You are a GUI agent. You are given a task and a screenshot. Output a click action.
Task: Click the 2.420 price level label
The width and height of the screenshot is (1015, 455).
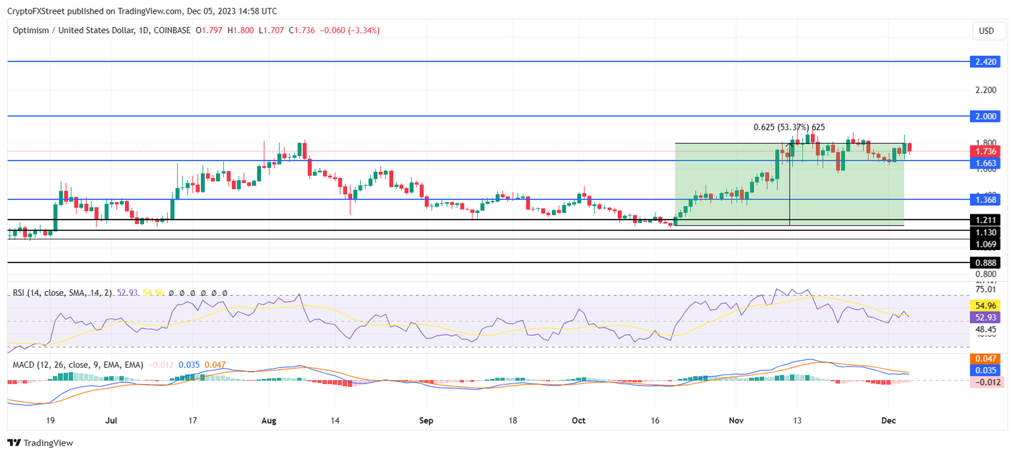tap(986, 62)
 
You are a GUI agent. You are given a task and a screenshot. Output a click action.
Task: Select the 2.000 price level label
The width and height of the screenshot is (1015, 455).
tap(986, 116)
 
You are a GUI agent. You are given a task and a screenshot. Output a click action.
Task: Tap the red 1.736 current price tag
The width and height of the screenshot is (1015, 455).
tap(986, 151)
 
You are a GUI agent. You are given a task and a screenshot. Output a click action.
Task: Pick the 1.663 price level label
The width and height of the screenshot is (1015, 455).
tap(986, 163)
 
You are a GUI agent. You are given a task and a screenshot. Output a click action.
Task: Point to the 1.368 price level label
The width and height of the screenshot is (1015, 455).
tap(986, 200)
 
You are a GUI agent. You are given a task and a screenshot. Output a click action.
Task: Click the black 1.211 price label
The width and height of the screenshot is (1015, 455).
tap(986, 220)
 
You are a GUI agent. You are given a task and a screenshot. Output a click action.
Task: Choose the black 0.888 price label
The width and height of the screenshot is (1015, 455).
tap(986, 263)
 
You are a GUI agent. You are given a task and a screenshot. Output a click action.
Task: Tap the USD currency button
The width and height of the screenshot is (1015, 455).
tap(986, 31)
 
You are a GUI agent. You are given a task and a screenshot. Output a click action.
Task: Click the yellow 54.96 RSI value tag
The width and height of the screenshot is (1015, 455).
tap(986, 306)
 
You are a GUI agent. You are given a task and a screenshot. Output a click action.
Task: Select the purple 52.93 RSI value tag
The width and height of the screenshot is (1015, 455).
tap(986, 317)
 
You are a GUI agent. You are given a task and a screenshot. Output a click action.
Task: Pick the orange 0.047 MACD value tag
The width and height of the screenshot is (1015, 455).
tap(986, 358)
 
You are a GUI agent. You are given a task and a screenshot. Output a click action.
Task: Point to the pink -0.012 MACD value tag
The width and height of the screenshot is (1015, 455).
tap(986, 382)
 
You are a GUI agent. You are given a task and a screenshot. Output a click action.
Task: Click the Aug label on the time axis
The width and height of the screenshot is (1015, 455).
tap(268, 420)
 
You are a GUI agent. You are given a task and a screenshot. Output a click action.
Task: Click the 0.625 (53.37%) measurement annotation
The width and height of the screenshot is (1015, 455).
tap(789, 127)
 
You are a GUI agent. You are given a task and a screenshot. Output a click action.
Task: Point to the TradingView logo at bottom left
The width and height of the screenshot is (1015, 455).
tap(40, 443)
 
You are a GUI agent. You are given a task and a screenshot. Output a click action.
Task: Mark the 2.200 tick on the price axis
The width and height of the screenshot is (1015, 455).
tap(985, 89)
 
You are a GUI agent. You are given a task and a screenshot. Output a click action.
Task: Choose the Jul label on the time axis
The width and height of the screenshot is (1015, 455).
tap(111, 420)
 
